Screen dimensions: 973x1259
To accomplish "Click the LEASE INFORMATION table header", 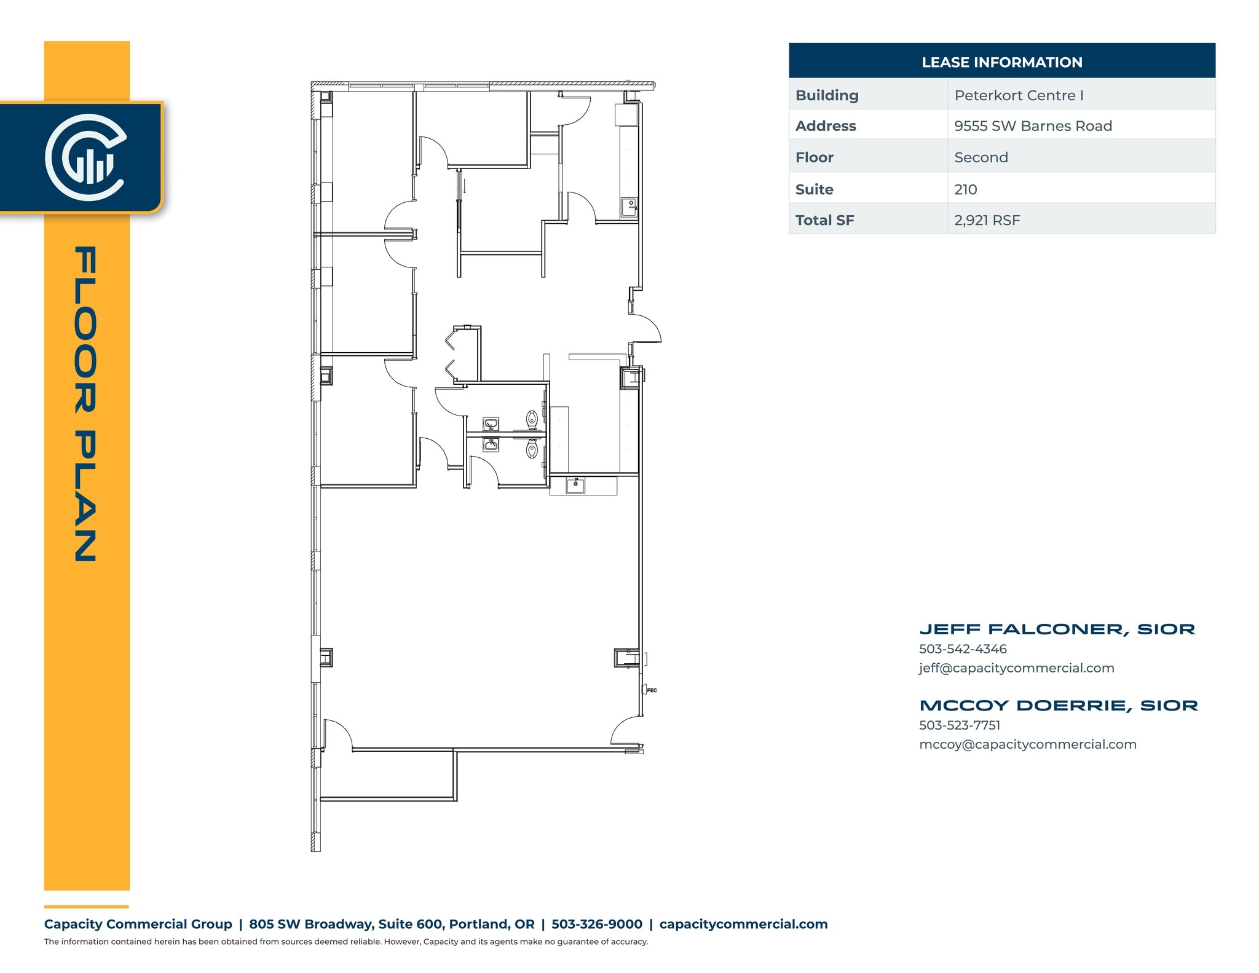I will pos(1001,62).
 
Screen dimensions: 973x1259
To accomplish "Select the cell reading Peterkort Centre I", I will pos(1019,95).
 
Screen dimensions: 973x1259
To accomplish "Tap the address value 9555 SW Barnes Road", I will pos(1033,126).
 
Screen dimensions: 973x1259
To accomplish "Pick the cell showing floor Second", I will pos(981,157).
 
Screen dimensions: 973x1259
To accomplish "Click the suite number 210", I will pos(965,189).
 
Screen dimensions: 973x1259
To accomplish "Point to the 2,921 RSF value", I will pos(987,220).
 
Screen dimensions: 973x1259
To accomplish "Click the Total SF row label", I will pos(824,220).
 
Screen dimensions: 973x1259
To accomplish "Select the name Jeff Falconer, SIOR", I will pos(1057,629).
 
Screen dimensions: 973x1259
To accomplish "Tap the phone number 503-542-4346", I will pos(963,649).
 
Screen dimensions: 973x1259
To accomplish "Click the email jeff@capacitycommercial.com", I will pos(1016,668).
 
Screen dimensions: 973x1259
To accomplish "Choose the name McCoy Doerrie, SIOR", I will pos(1059,705).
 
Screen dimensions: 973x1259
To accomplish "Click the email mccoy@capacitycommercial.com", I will pos(1027,744).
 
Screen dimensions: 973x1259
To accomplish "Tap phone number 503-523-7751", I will pos(960,725).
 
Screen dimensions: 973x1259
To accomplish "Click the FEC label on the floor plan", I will pos(652,690).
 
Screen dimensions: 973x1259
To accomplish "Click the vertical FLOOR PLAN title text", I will pos(85,404).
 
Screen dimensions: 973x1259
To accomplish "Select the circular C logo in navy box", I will pos(86,157).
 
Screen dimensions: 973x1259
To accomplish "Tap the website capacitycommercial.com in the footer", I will pos(743,924).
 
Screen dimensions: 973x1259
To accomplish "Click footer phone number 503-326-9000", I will pos(596,924).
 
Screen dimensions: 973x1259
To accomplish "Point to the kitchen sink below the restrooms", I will pos(575,485).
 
